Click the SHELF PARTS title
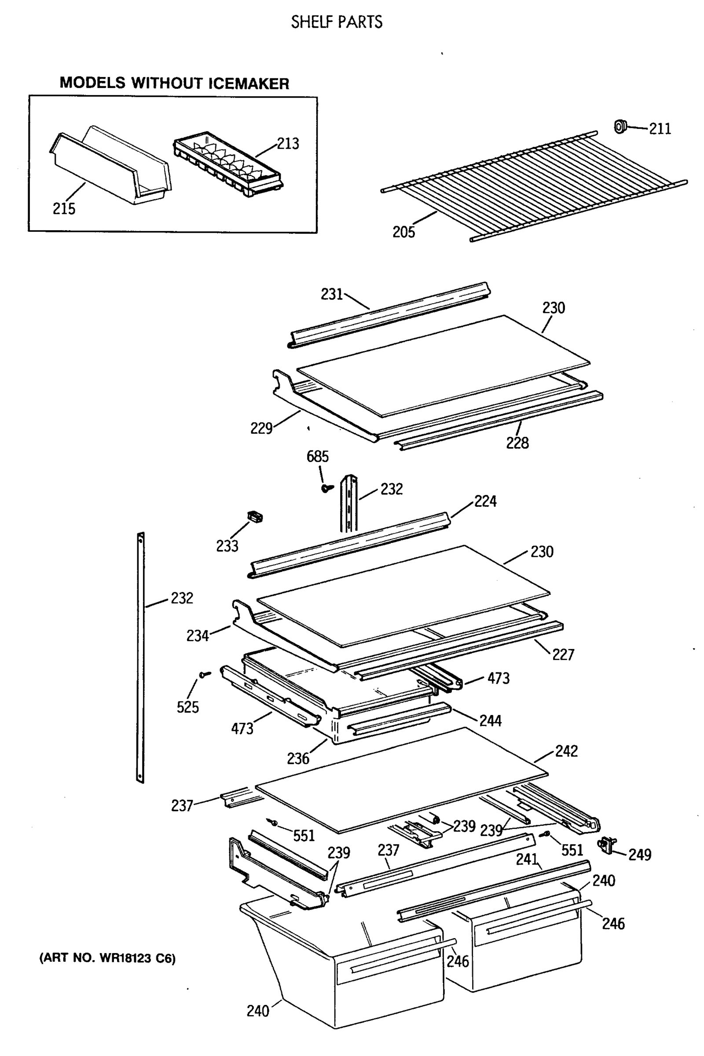[x=337, y=22]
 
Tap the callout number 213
[x=288, y=143]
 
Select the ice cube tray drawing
[x=227, y=164]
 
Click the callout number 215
[x=64, y=209]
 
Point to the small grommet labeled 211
[x=620, y=127]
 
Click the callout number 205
[x=403, y=232]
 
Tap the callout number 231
[x=331, y=294]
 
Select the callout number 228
[x=517, y=443]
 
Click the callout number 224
[x=485, y=501]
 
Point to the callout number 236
[x=298, y=759]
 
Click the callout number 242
[x=566, y=751]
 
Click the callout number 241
[x=527, y=859]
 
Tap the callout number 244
[x=490, y=721]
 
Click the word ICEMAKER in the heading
[x=248, y=84]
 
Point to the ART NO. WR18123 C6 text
[x=108, y=958]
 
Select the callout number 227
[x=563, y=655]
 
